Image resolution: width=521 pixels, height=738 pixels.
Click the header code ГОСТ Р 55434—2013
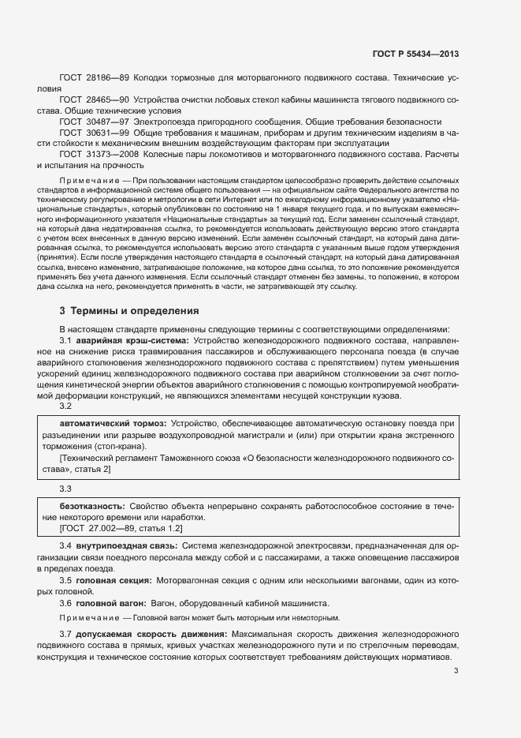(x=415, y=54)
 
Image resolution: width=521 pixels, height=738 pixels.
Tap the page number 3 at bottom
(x=456, y=672)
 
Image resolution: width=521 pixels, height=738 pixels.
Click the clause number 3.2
(x=66, y=406)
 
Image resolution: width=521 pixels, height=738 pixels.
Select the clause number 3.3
(x=66, y=489)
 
